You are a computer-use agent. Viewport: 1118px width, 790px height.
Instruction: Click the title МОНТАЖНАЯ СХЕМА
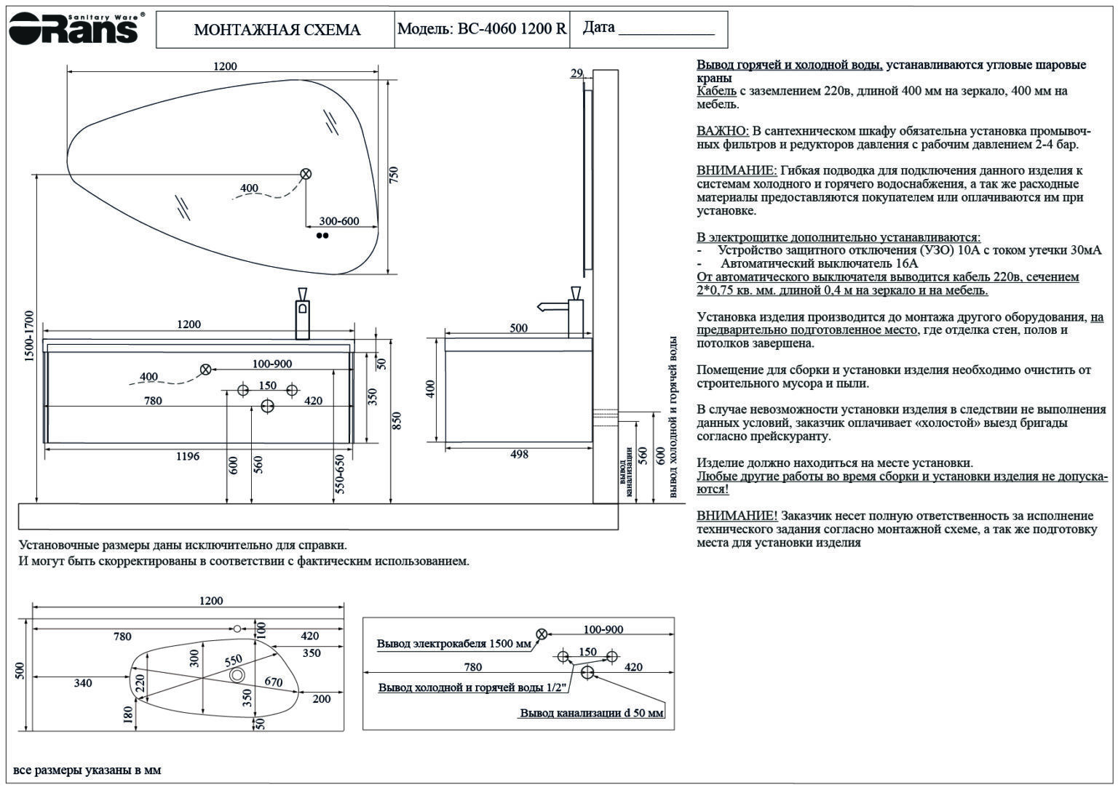277,30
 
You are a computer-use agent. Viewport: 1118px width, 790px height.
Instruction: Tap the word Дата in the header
598,28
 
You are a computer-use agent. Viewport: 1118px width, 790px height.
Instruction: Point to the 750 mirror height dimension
394,175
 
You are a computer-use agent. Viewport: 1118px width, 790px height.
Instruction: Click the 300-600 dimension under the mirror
339,221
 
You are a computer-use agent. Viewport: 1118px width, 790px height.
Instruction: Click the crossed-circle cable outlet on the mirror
306,174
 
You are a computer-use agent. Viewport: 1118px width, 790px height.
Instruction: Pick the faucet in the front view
302,313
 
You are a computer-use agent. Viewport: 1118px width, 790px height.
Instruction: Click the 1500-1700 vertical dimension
28,336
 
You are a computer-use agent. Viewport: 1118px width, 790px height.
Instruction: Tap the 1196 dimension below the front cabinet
187,457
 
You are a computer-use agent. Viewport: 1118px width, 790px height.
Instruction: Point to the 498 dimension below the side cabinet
519,455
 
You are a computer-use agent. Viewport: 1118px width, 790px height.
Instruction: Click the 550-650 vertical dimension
339,474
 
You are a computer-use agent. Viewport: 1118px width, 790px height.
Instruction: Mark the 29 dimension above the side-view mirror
576,73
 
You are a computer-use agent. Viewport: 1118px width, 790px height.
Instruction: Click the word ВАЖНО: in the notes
722,131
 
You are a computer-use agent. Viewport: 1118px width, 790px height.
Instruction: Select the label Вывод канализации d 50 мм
591,713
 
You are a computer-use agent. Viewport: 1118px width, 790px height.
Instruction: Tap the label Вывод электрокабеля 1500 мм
453,644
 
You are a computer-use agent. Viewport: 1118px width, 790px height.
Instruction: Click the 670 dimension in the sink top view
273,682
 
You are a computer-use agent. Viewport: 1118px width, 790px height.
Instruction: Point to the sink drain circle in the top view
237,675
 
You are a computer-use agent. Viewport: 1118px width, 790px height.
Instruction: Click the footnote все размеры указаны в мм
87,770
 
